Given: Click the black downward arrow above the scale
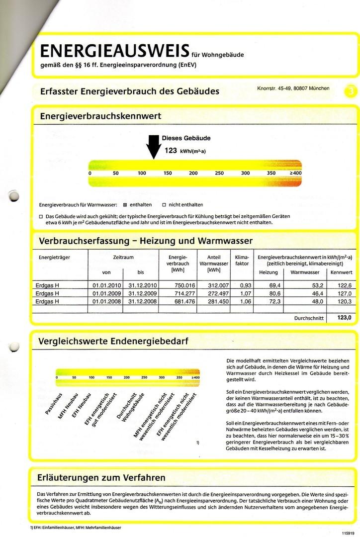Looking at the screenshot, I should coord(153,148).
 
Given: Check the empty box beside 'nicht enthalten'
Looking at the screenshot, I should coord(164,205).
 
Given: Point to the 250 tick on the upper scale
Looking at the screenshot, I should coord(219,174).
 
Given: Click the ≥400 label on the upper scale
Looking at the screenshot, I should coord(296,174).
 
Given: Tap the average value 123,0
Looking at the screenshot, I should coord(344,317).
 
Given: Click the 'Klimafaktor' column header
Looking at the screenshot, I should coord(241,260).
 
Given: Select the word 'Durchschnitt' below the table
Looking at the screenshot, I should coord(309,318).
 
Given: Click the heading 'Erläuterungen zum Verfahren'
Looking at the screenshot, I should coord(101,478).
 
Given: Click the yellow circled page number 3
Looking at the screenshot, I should coord(352,91).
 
